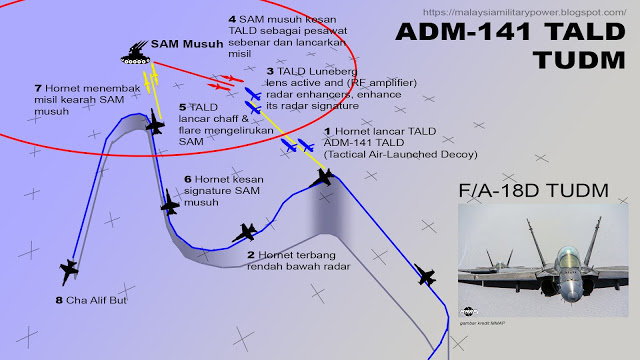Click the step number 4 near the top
(232, 19)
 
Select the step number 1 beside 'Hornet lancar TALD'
(325, 131)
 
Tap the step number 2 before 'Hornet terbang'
(250, 255)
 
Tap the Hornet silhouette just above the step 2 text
(245, 233)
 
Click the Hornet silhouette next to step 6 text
(170, 206)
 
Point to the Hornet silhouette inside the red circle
(154, 126)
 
